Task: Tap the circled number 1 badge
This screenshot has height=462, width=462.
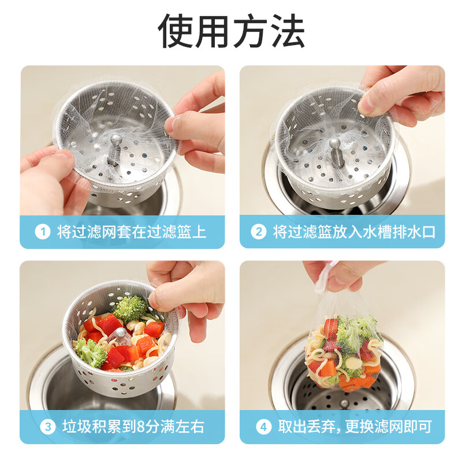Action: coord(43,232)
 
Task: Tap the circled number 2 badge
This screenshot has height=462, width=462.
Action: coord(259,232)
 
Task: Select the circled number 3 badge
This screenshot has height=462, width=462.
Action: coord(48,427)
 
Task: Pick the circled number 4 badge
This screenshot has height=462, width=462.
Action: coord(263,427)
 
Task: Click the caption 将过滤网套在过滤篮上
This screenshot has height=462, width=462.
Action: coord(131,232)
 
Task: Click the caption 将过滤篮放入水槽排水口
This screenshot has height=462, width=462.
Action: coord(354,232)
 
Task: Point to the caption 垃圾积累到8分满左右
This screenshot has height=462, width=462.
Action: coord(131,427)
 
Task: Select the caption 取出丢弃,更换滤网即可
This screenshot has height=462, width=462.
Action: coord(353,427)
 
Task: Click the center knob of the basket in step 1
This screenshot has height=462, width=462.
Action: coord(114,143)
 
